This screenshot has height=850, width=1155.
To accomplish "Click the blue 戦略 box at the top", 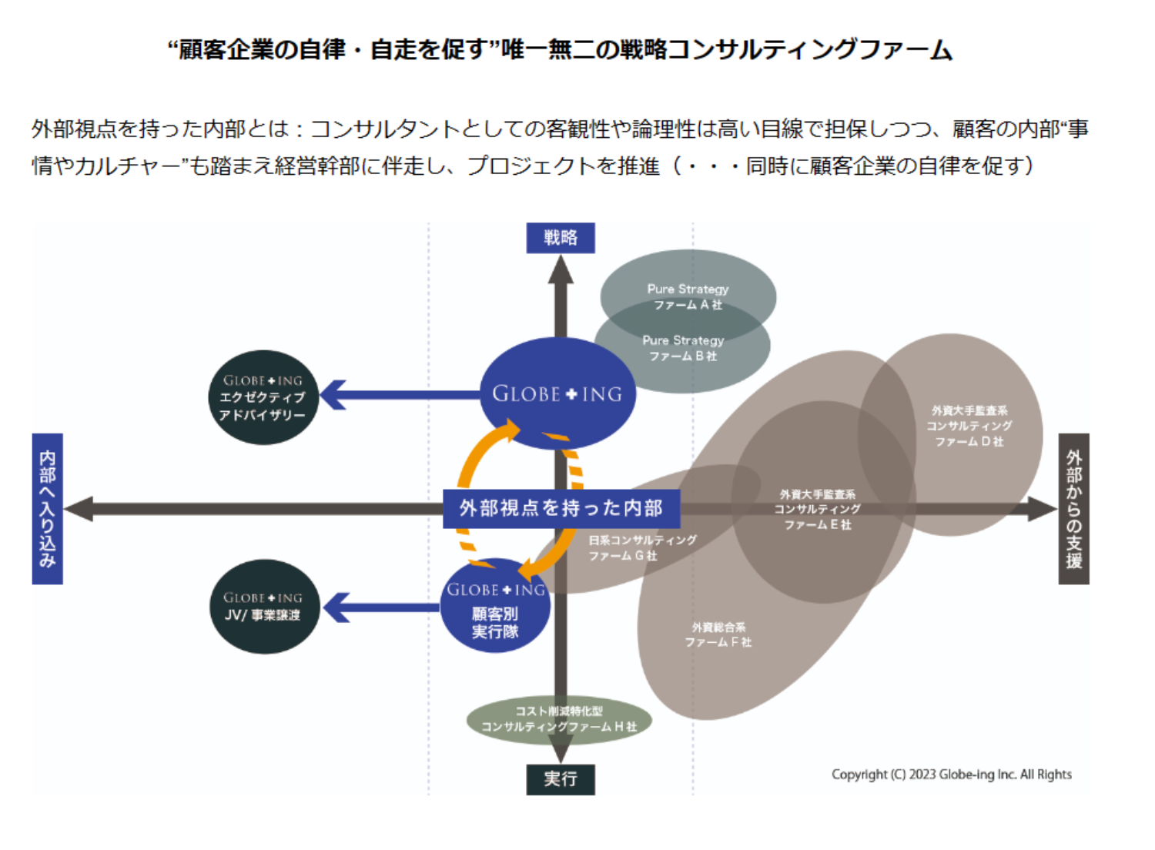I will coord(560,237).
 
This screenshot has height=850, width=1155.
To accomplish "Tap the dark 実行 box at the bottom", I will coord(560,778).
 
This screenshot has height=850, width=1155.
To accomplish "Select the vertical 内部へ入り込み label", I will coord(47,508).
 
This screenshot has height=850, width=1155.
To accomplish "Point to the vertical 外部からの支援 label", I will coord(1073,508).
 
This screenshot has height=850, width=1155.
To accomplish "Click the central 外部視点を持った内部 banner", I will coord(561,508).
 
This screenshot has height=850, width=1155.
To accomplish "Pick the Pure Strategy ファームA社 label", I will coord(688,296).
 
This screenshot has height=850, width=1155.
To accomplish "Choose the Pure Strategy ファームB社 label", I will coord(683,348).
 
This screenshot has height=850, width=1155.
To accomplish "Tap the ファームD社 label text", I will coord(969,426).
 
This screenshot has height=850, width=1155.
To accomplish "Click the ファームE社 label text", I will coord(817,509).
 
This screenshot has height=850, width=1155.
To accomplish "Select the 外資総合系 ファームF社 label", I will coord(718,634).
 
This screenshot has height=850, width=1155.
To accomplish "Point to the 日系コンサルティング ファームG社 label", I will coord(641,547).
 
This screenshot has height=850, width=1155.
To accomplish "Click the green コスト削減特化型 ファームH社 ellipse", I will coord(559,719).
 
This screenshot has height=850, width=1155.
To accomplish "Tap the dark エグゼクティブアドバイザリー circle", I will coord(263,397).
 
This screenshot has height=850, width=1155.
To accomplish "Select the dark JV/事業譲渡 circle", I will coord(263,607).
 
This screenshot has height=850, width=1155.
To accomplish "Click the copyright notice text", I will coord(951,774).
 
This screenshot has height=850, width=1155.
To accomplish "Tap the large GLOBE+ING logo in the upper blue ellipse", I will coord(557,393).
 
